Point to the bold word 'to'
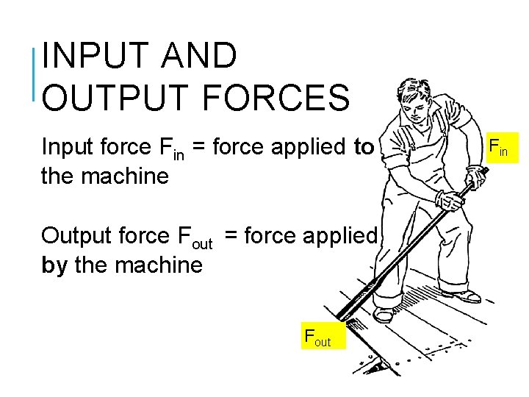[x=364, y=147]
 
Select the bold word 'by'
[x=55, y=265]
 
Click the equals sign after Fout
[x=231, y=235]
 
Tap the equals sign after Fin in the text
[x=199, y=147]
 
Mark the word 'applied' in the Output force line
[x=342, y=235]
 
